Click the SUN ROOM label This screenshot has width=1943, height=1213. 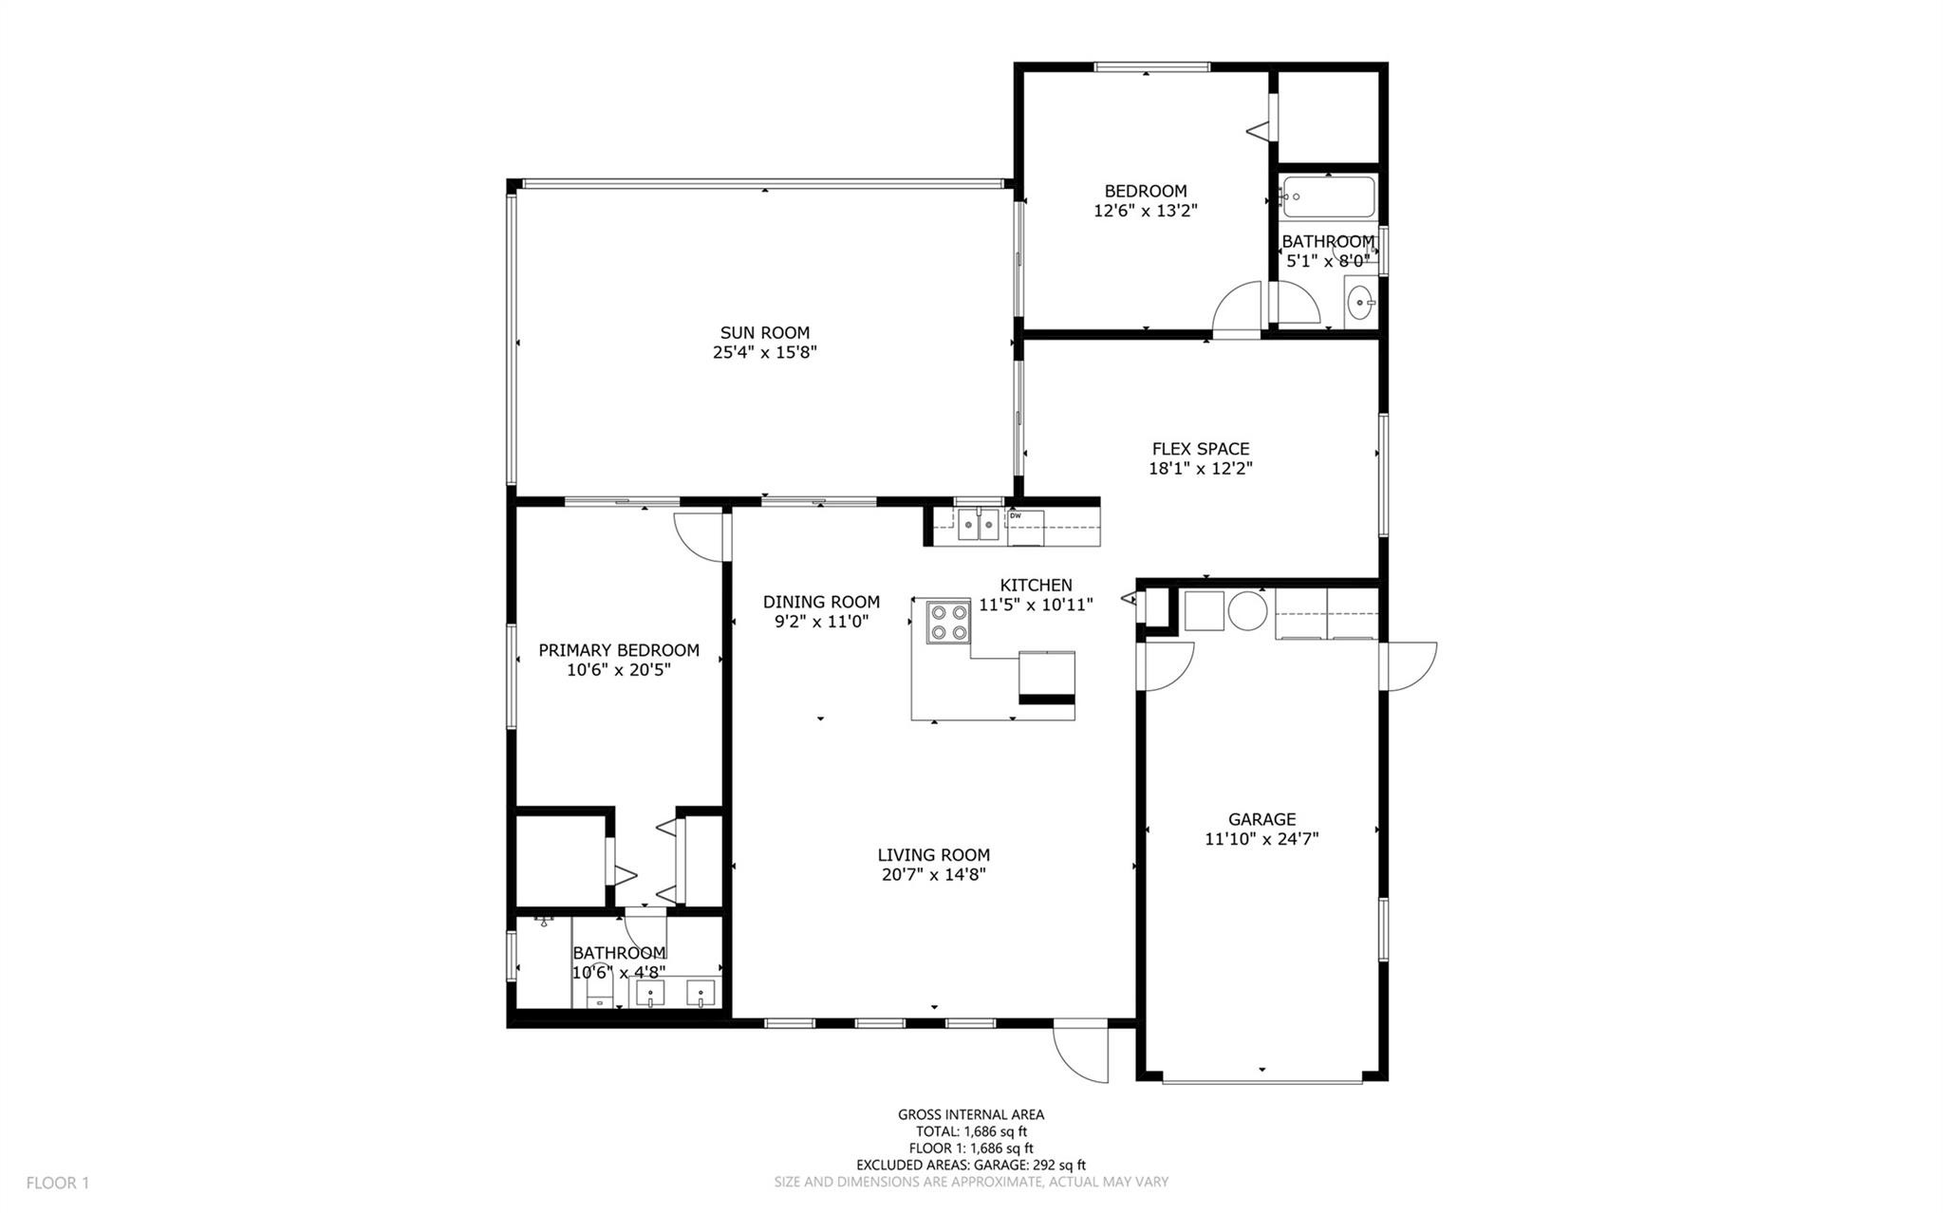pyautogui.click(x=764, y=333)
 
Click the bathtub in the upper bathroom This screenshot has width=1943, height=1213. pyautogui.click(x=1328, y=196)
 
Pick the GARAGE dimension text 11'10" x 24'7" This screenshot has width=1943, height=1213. pyautogui.click(x=1261, y=839)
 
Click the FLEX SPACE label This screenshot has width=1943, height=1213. pyautogui.click(x=1200, y=449)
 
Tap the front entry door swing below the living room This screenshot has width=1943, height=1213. pyautogui.click(x=1082, y=1052)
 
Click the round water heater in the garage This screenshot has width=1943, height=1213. pyautogui.click(x=1247, y=611)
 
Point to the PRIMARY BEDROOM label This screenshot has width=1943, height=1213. pyautogui.click(x=619, y=650)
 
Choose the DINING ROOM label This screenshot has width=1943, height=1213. pyautogui.click(x=821, y=602)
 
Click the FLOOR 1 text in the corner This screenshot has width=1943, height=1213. pyautogui.click(x=57, y=1183)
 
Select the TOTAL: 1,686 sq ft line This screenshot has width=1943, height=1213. pyautogui.click(x=971, y=1131)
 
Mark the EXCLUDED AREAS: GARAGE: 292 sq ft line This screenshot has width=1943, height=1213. pyautogui.click(x=971, y=1165)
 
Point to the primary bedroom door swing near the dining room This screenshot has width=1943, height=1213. pyautogui.click(x=701, y=536)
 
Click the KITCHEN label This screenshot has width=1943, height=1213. pyautogui.click(x=1036, y=586)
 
